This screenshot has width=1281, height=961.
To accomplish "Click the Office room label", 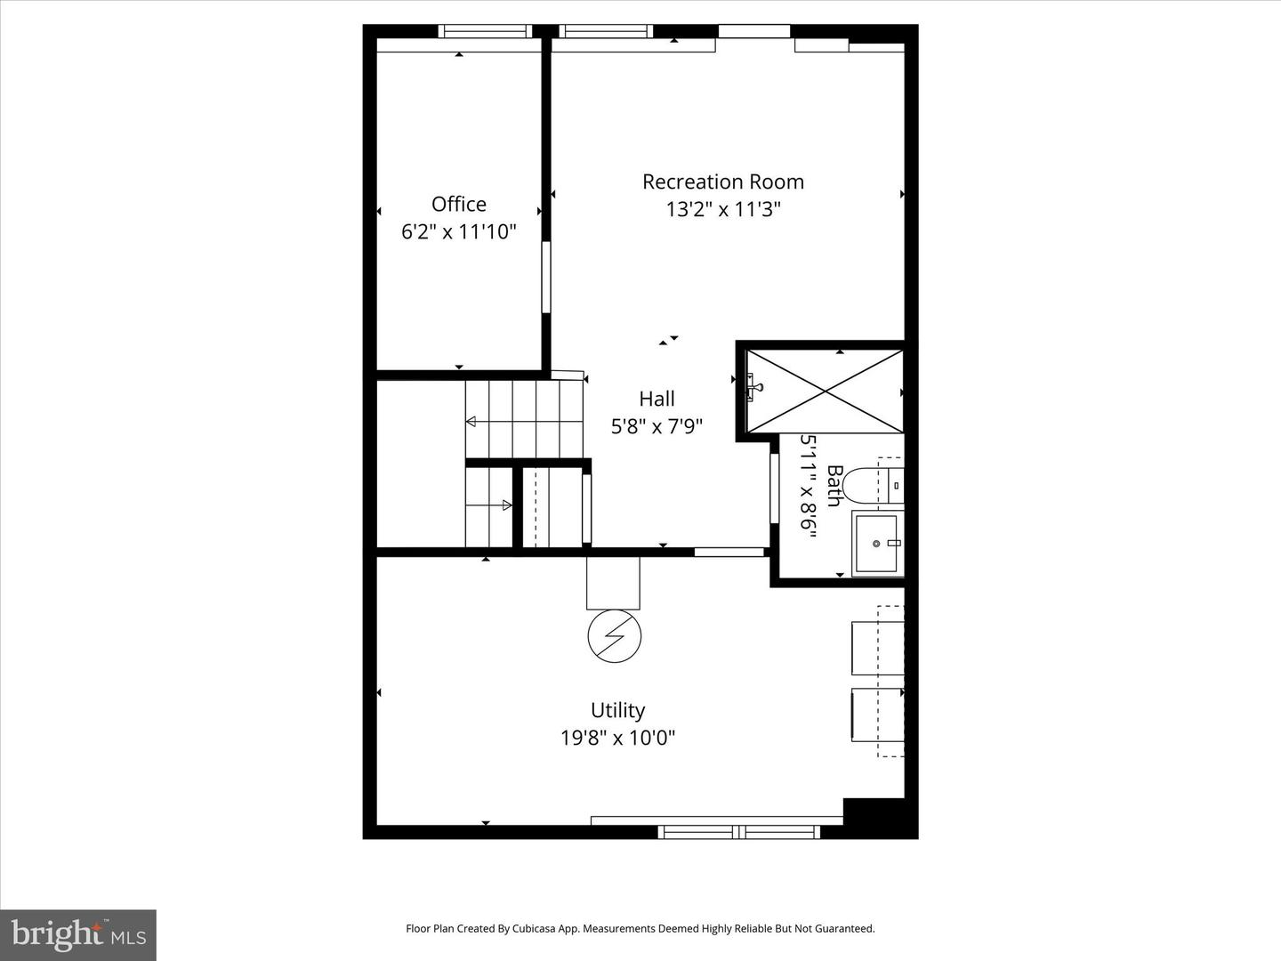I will coord(459,204).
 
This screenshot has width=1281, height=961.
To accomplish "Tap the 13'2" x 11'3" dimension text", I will coord(722,210).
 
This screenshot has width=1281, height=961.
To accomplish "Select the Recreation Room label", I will coord(722,182).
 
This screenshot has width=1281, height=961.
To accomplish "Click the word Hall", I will coord(657,399).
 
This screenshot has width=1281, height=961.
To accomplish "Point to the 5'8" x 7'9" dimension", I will coord(657,427).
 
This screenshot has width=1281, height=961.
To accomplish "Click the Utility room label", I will coord(617,710).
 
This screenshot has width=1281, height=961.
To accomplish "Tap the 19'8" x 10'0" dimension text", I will coord(617,738).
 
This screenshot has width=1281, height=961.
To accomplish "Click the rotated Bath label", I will coord(834,486).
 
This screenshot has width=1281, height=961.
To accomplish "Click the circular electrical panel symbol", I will coord(614,636).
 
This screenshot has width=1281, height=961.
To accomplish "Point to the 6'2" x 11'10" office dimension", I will coord(459,232).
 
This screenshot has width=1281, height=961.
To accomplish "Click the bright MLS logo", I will coord(78,934).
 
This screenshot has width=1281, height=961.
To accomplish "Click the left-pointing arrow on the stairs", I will coord(471,421).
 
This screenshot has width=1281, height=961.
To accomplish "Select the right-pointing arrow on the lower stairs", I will coord(507,505).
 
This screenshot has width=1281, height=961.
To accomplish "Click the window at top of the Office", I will coord(486,31).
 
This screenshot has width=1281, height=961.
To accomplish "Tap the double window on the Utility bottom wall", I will coord(738,833).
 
